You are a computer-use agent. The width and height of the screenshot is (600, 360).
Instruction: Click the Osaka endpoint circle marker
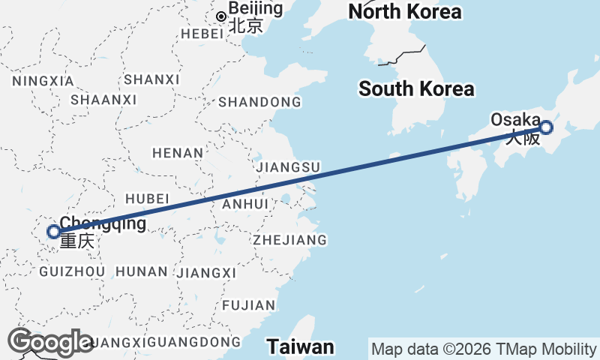pos(546,127)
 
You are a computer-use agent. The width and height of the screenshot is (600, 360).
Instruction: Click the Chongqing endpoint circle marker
pos(53,231)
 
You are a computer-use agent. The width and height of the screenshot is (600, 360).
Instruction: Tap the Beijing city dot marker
pos(221,16)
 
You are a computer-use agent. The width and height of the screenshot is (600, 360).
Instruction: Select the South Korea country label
pos(416,88)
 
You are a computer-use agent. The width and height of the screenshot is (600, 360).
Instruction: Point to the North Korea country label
pos(405,11)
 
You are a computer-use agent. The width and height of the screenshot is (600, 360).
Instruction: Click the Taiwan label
pos(301,346)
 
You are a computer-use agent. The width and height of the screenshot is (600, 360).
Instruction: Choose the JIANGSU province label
pos(288,166)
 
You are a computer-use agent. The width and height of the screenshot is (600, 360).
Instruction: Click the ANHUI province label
pos(245,204)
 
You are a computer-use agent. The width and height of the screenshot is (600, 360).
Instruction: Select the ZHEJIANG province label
pos(289,240)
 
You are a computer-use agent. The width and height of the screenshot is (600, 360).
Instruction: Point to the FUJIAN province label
pos(248,305)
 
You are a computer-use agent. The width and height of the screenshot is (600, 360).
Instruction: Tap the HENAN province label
pos(178,153)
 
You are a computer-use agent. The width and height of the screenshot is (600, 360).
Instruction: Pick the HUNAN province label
pos(142,271)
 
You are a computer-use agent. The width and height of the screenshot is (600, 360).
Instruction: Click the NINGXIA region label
pos(43,80)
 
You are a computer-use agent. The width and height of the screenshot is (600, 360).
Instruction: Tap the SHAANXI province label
pos(103,100)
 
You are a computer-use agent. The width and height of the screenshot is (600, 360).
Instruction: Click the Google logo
pos(51,342)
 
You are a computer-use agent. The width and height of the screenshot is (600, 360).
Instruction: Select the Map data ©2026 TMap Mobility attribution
pos(484,349)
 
